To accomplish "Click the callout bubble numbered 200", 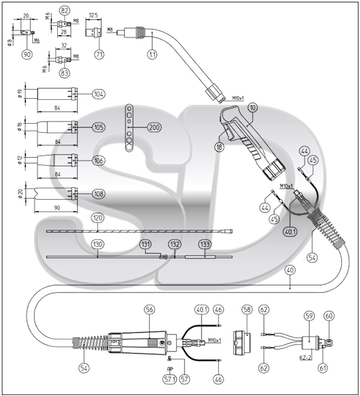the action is [x=154, y=127].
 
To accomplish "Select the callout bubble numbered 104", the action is [x=99, y=94].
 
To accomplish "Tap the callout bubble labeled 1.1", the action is [x=152, y=54].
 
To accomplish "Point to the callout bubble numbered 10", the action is [x=253, y=108].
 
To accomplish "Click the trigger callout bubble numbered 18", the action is [x=219, y=147].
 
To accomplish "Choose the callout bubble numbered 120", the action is [x=97, y=217].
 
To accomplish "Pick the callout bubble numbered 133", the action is [x=205, y=244].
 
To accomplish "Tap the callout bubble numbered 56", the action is [x=149, y=309].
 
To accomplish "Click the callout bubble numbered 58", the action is [x=247, y=309].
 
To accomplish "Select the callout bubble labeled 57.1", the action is [x=169, y=379].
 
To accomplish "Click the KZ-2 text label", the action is [x=305, y=358].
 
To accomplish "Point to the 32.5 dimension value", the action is [x=93, y=15].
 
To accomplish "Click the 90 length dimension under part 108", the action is [x=57, y=208].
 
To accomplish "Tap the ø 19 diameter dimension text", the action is [x=21, y=94].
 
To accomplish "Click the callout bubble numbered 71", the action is [x=99, y=54].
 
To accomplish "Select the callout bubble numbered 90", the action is [x=27, y=54].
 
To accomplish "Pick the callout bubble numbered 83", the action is [x=65, y=73].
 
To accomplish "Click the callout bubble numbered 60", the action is [x=330, y=316].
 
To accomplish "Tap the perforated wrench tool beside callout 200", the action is [x=129, y=127].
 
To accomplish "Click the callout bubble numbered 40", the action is [x=290, y=270].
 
